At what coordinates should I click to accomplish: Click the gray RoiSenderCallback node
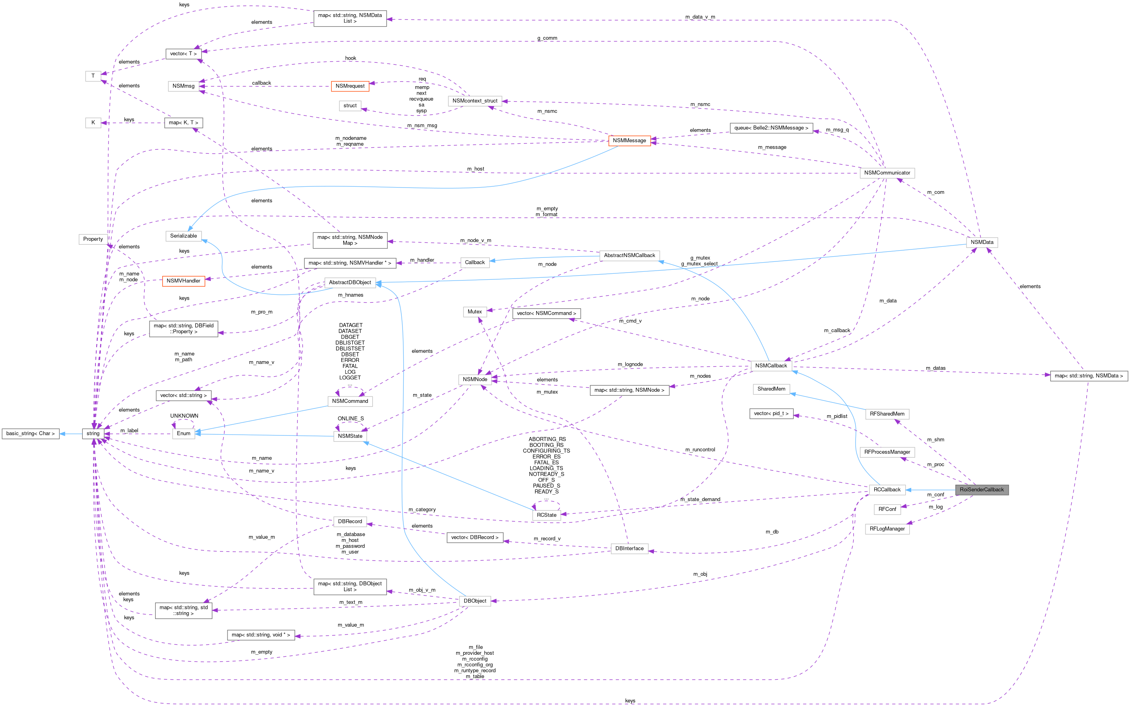coord(981,490)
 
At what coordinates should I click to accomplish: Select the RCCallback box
coord(887,490)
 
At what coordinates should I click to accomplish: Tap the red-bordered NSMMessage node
coord(629,141)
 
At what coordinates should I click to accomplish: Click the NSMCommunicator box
coord(887,173)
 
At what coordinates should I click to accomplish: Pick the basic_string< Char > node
coord(30,433)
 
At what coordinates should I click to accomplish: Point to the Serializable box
coord(183,236)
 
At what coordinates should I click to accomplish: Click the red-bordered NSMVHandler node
coord(183,280)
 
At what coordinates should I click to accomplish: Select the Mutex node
coord(475,311)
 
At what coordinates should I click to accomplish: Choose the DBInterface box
coord(629,548)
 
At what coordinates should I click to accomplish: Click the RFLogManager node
coord(887,528)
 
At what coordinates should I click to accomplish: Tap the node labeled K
coord(93,122)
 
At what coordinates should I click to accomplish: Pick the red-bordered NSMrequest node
coord(350,86)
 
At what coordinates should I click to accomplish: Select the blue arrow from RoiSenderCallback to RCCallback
coord(930,490)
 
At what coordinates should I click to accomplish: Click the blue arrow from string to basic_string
coord(70,433)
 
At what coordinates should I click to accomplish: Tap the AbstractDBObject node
coord(350,282)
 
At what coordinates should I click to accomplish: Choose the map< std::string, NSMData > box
coord(1088,375)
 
